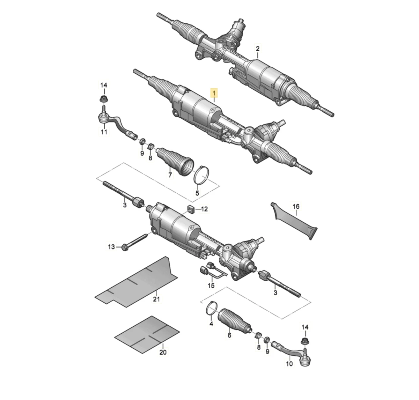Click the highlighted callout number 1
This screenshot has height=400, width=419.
pyautogui.click(x=214, y=94)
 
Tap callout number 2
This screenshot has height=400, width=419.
pyautogui.click(x=258, y=49)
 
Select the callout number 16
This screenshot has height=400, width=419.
pyautogui.click(x=296, y=207)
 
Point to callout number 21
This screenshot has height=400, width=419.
pyautogui.click(x=156, y=299)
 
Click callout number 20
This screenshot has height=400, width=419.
pyautogui.click(x=163, y=352)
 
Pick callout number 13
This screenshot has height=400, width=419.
pyautogui.click(x=111, y=247)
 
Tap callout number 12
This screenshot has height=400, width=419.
pyautogui.click(x=204, y=209)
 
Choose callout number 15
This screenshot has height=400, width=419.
pyautogui.click(x=211, y=286)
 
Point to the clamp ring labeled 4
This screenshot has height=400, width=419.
pyautogui.click(x=212, y=309)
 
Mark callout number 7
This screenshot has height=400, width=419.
pyautogui.click(x=170, y=175)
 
